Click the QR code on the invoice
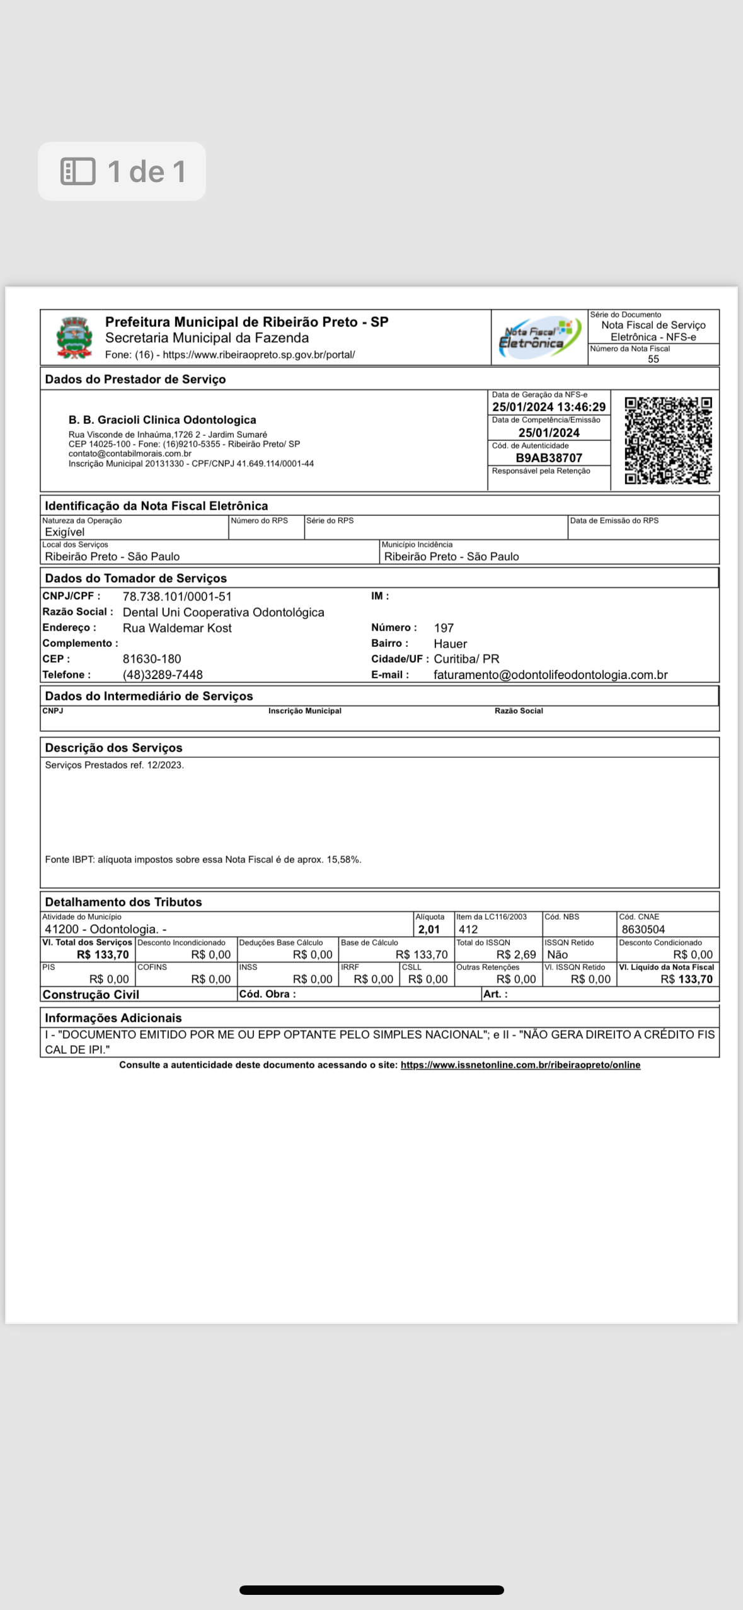tap(668, 440)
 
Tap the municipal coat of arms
tap(74, 338)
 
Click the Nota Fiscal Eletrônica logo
tap(539, 338)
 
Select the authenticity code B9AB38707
tap(549, 458)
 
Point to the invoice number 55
tap(654, 359)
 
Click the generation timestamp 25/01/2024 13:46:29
tap(549, 407)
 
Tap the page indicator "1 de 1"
tap(122, 171)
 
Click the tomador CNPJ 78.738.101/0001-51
tap(177, 597)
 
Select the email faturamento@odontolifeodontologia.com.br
tap(550, 675)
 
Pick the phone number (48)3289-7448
tap(163, 675)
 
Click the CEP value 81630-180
tap(152, 659)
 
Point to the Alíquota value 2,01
tap(429, 929)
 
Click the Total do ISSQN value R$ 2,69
tap(515, 954)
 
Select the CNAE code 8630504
tap(643, 929)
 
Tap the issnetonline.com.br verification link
tap(520, 1065)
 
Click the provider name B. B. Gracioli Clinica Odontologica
tap(162, 420)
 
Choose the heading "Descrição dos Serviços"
tap(113, 748)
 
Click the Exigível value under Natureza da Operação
tap(64, 532)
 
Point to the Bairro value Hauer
tap(450, 644)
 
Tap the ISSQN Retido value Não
tap(558, 954)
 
